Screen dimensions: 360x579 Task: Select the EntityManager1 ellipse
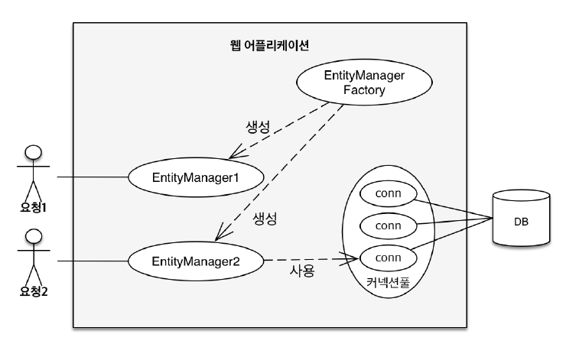pyautogui.click(x=197, y=177)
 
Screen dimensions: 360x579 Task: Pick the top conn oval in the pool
pyautogui.click(x=389, y=193)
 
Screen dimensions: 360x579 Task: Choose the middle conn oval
pyautogui.click(x=389, y=225)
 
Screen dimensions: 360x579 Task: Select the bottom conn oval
pyautogui.click(x=389, y=258)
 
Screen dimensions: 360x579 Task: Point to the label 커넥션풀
pyautogui.click(x=388, y=281)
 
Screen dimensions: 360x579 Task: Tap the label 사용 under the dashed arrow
pyautogui.click(x=301, y=271)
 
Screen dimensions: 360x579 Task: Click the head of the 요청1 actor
pyautogui.click(x=31, y=153)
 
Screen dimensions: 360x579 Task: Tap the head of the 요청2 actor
pyautogui.click(x=31, y=235)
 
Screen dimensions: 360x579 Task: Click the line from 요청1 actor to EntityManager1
pyautogui.click(x=92, y=177)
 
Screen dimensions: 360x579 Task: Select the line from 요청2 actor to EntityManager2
pyautogui.click(x=92, y=261)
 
